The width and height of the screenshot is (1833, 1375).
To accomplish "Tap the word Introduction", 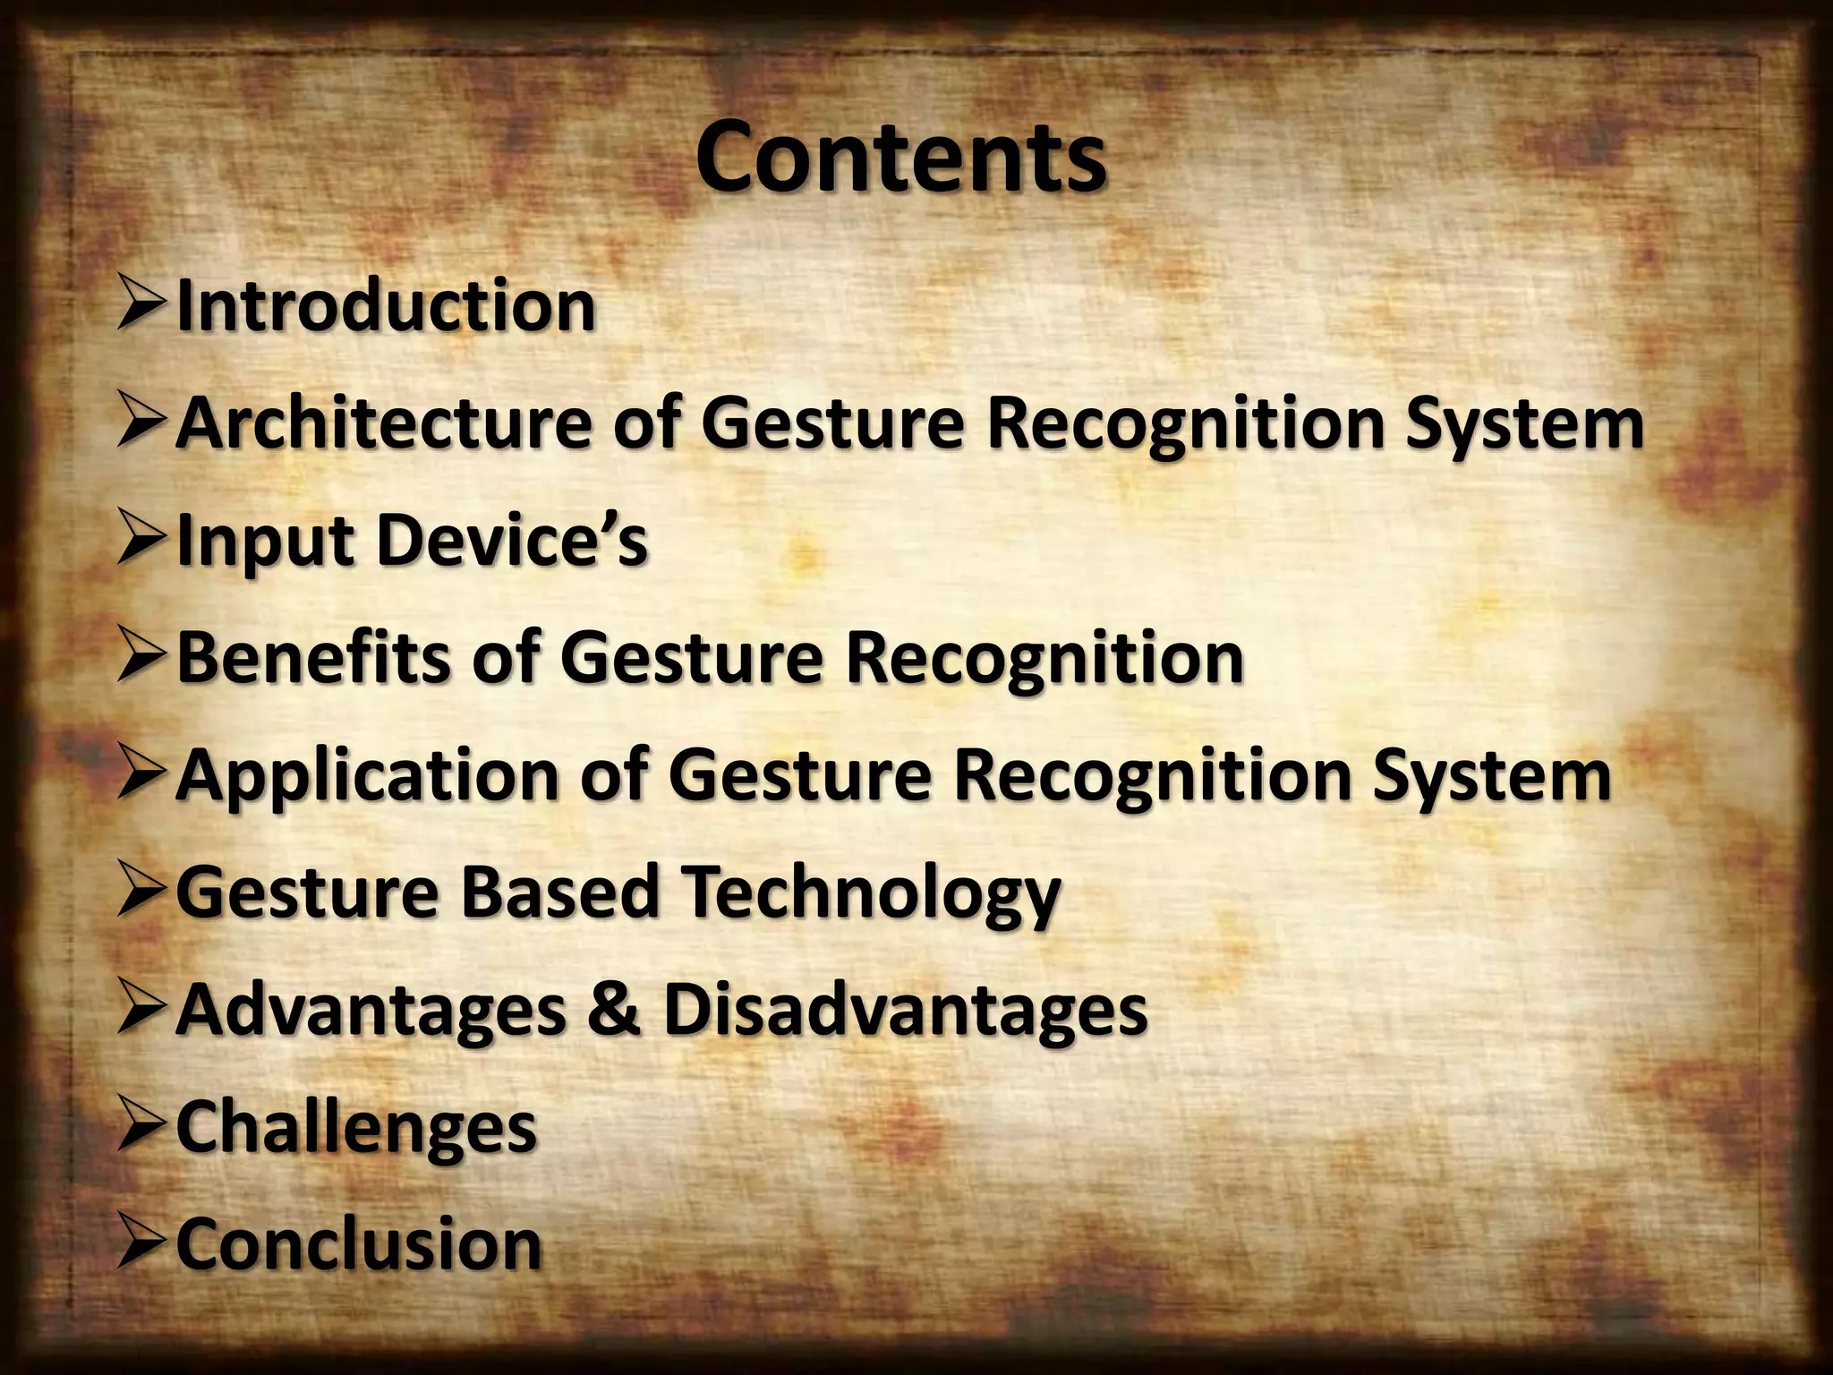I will tap(386, 306).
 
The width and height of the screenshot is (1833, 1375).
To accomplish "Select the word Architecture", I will tap(383, 423).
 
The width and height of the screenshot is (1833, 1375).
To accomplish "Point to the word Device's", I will tap(512, 540).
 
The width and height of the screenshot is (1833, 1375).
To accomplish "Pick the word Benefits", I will tap(314, 658).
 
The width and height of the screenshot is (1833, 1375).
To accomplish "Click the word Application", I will tap(368, 775).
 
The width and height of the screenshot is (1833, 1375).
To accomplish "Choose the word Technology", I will tap(872, 893).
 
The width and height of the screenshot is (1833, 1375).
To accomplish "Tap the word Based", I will tap(560, 892).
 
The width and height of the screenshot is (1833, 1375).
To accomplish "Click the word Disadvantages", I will tap(905, 1009).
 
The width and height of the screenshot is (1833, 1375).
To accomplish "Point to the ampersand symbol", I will tap(614, 1010).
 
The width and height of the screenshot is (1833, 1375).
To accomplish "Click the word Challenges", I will tap(356, 1128).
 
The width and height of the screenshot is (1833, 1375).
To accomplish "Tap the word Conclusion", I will tap(359, 1244).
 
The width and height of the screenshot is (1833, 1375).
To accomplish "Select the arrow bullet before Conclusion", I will tap(141, 1244).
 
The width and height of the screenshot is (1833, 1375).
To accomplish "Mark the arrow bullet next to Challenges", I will tap(141, 1127).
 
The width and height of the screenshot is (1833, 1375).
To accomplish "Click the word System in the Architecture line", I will tap(1523, 424).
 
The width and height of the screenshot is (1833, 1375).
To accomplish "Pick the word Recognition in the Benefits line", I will tap(1044, 658).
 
